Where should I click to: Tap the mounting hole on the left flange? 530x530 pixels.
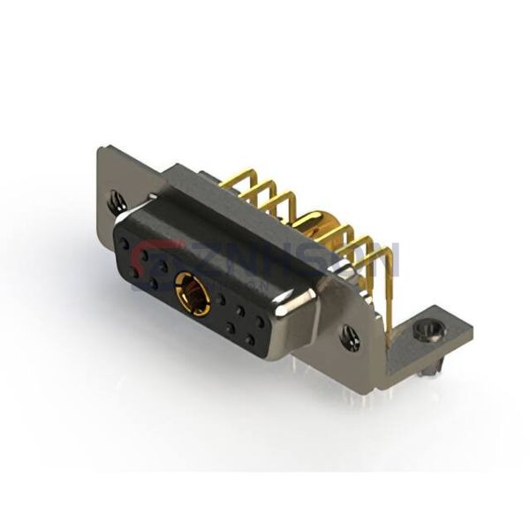click(x=117, y=201)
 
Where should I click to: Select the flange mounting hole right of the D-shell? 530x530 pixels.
click(x=349, y=335)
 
